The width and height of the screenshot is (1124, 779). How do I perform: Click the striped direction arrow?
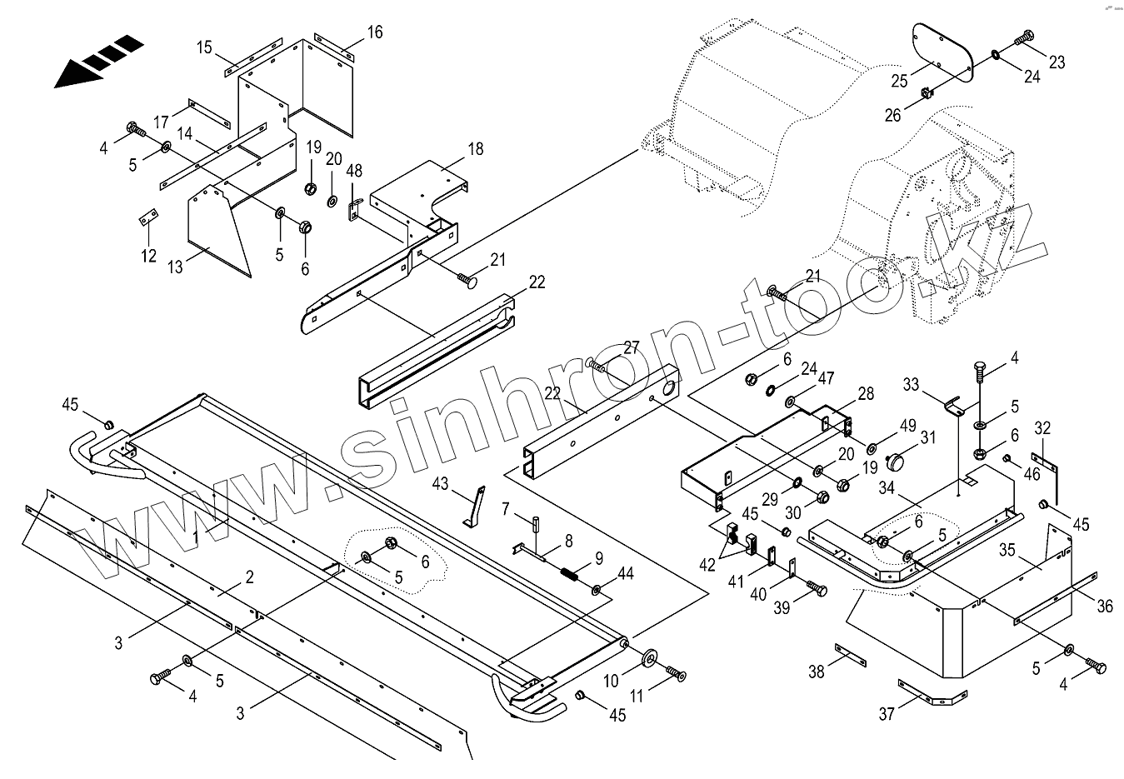(98, 62)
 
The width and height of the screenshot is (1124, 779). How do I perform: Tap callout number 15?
(204, 47)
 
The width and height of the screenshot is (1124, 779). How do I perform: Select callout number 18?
(475, 149)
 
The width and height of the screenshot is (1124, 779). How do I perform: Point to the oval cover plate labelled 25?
(943, 52)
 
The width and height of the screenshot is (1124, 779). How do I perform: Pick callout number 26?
(892, 115)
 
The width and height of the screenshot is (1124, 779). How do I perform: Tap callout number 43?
(440, 483)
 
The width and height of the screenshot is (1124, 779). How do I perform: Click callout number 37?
(887, 713)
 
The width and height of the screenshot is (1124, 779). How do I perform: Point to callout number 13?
(175, 267)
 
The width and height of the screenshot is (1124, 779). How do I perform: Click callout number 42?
(707, 565)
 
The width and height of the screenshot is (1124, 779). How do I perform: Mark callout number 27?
(632, 347)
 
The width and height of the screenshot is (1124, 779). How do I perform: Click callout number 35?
(1007, 550)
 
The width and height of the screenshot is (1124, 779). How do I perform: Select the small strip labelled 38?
(851, 656)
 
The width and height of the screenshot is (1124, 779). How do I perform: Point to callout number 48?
(354, 171)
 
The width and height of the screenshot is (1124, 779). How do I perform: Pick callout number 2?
(250, 577)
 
